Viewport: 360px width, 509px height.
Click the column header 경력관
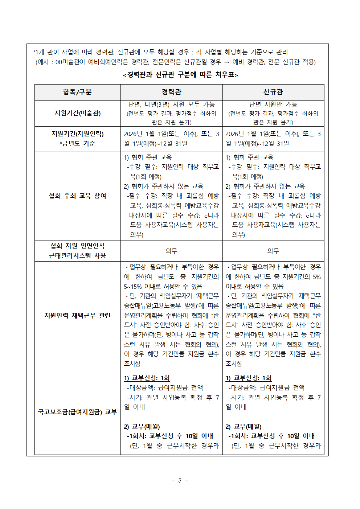(x=171, y=92)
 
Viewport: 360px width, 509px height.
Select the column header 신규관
(x=273, y=92)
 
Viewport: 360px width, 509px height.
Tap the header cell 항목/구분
(x=77, y=92)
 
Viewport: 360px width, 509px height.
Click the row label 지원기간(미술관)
(x=77, y=113)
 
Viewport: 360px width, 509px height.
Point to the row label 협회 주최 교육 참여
(x=77, y=196)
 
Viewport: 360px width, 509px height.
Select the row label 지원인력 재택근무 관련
(x=77, y=316)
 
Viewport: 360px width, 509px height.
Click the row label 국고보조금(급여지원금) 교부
(x=77, y=412)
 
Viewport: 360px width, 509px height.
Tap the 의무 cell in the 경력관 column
(x=171, y=251)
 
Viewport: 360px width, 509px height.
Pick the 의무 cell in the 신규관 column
(x=273, y=251)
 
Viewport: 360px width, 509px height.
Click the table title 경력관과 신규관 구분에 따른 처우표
(x=180, y=75)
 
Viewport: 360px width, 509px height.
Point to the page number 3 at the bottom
(x=180, y=480)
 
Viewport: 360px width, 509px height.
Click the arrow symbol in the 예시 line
(x=226, y=62)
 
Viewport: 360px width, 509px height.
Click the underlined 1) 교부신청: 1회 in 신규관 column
(x=248, y=378)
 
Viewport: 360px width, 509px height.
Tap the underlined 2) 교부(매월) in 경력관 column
(x=142, y=427)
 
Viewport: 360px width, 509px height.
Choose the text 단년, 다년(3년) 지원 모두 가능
(x=171, y=104)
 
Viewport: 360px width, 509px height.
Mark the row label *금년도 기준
(x=77, y=144)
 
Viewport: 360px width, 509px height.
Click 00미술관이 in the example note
(x=70, y=62)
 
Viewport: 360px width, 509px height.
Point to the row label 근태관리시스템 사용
(x=77, y=256)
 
